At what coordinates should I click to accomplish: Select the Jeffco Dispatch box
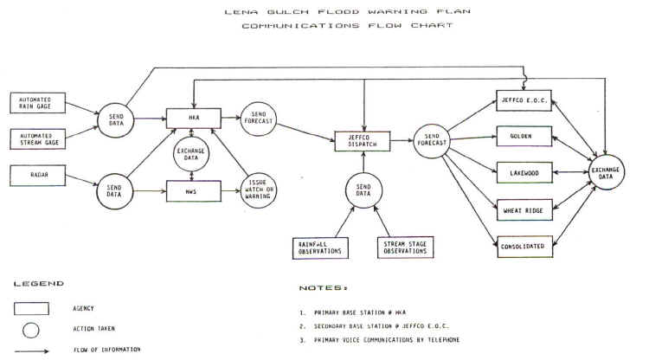click(362, 139)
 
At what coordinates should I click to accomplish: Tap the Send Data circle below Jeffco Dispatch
click(363, 190)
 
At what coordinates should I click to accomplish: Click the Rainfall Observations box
click(318, 247)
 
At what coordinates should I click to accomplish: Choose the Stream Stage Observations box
click(404, 247)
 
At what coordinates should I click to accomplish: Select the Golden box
click(524, 137)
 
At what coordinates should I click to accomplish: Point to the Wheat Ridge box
click(524, 209)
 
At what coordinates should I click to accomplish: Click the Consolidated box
click(524, 246)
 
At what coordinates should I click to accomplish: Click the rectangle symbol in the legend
click(37, 308)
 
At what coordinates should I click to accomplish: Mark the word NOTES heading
click(324, 286)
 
